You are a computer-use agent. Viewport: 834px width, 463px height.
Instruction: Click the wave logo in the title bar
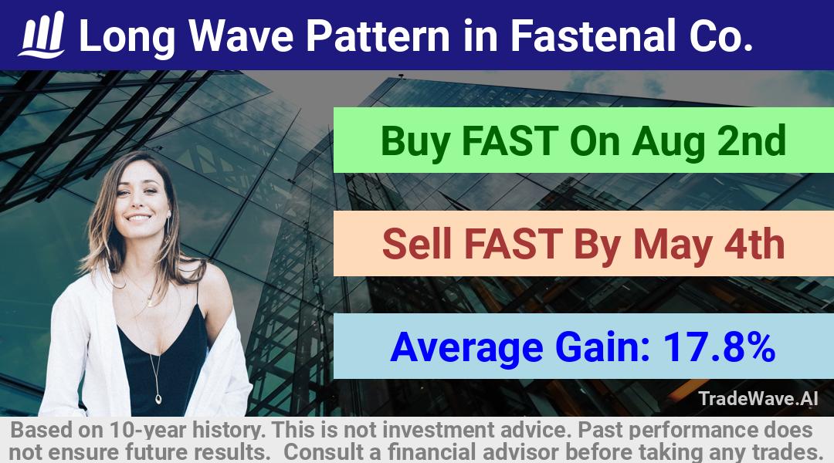42,35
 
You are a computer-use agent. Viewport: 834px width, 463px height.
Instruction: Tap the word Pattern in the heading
378,35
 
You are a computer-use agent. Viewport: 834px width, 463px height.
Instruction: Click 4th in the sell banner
754,243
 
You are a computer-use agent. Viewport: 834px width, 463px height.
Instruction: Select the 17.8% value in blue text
719,346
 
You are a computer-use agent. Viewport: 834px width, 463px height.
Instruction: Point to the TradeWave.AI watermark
758,399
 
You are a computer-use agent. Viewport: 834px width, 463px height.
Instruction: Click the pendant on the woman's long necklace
158,398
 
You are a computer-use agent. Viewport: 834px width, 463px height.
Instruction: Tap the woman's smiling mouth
139,218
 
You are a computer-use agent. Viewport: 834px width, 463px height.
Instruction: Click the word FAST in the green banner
509,140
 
